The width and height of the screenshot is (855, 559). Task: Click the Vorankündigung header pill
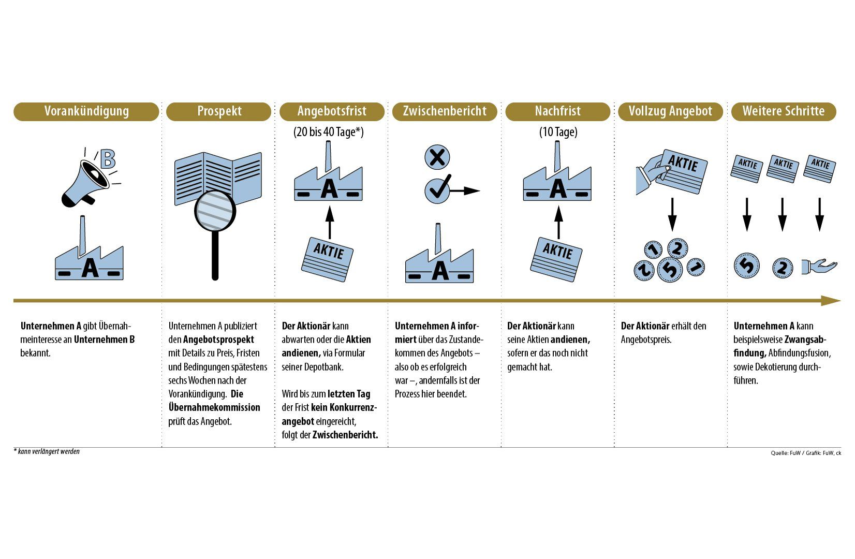tap(86, 111)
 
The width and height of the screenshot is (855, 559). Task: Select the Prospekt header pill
tap(219, 111)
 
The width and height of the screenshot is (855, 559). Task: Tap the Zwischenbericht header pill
tap(445, 111)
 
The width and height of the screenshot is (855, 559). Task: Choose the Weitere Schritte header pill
tap(783, 111)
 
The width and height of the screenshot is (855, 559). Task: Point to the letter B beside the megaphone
tap(108, 159)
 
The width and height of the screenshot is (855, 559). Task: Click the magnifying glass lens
tap(215, 211)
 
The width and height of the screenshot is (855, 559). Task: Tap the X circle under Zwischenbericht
tap(437, 157)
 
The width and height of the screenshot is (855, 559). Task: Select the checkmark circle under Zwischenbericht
tap(437, 190)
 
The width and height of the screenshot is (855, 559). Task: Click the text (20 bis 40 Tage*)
tap(329, 132)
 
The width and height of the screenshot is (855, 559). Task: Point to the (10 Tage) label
tap(558, 132)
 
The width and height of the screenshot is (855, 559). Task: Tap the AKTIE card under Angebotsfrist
tap(328, 258)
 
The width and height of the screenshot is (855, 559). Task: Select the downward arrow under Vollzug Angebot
tap(672, 214)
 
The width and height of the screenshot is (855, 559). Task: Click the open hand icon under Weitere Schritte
tap(819, 266)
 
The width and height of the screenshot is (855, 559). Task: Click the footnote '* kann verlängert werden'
tap(47, 451)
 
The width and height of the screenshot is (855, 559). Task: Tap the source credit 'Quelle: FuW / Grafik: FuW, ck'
tap(805, 453)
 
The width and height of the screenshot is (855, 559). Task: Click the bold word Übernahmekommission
tap(214, 407)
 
